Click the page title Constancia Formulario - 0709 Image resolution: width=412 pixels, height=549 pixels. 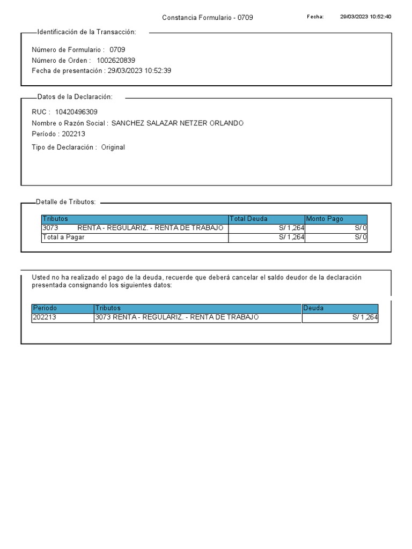207,18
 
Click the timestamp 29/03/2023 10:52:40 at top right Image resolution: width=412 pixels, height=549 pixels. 365,17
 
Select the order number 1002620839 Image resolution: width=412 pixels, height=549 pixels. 116,60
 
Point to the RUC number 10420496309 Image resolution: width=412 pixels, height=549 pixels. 76,112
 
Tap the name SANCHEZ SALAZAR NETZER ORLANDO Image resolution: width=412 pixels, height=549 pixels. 177,123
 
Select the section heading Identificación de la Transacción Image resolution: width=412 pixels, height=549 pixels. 86,32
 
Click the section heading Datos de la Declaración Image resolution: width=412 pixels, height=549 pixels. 75,97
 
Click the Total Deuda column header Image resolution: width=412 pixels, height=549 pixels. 248,219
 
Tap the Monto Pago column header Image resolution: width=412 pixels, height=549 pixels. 324,219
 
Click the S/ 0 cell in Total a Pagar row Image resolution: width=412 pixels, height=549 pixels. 361,237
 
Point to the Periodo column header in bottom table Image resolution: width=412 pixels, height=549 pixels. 45,308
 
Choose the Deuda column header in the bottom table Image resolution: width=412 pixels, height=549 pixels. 313,308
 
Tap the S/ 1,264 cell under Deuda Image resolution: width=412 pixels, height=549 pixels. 365,317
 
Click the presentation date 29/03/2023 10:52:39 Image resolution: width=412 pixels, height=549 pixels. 139,71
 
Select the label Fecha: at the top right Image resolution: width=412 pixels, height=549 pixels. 315,17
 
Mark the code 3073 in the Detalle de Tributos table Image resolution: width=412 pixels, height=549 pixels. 50,228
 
